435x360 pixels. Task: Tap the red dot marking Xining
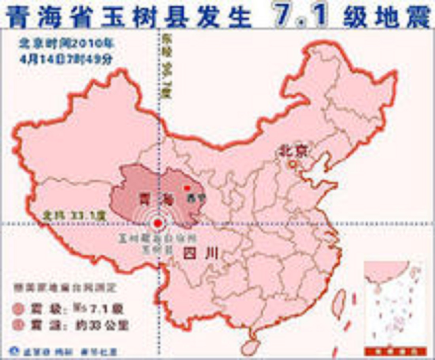click(187, 188)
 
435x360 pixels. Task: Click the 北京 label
click(293, 151)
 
